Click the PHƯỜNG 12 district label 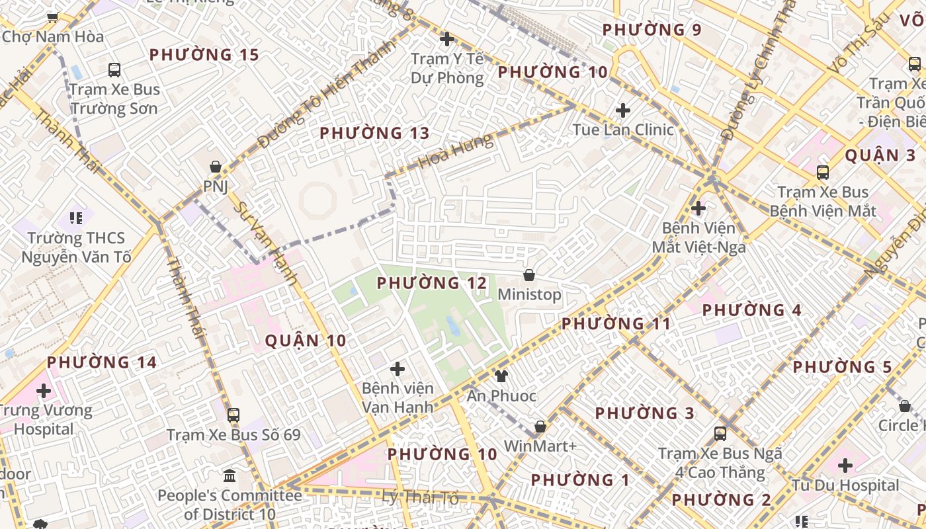point(431,284)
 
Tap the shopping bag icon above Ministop point(529,274)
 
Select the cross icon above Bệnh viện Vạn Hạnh point(398,368)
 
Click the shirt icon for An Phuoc point(501,376)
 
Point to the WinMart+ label point(540,446)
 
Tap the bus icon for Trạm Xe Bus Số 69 point(233,415)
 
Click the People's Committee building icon point(230,475)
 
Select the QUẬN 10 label point(306,341)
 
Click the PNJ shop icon point(216,167)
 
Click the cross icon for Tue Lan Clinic point(622,110)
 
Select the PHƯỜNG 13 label point(374,134)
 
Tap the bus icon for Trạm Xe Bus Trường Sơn point(114,69)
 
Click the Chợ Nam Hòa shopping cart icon point(52,17)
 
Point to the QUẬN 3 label point(880,156)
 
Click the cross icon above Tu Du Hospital point(845,465)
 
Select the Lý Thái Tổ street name point(420,497)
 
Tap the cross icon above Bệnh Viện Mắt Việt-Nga point(698,208)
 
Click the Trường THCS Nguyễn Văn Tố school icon point(75,218)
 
